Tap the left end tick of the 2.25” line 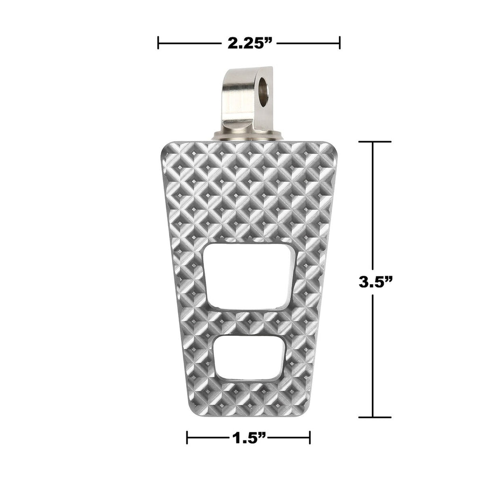coord(158,43)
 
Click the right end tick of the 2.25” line coord(340,43)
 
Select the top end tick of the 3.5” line coord(374,142)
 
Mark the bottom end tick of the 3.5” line coord(374,417)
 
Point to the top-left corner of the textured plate coord(163,144)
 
